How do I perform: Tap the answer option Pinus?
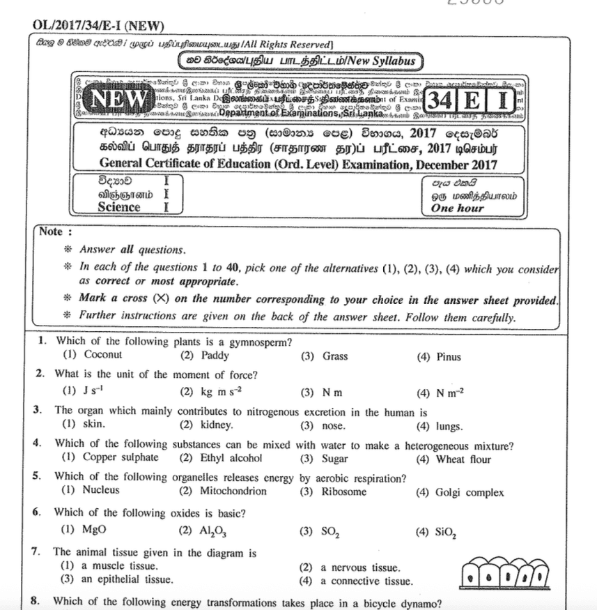click(448, 357)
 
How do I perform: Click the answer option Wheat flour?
click(463, 459)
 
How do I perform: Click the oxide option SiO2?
click(446, 532)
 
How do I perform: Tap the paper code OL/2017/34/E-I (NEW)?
click(98, 26)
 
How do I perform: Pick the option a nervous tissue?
click(361, 567)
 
